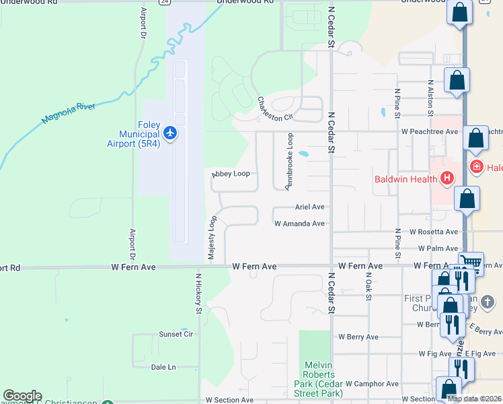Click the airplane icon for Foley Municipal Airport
[x=170, y=133]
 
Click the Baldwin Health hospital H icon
[x=447, y=178]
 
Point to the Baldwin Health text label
[x=406, y=179]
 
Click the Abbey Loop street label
[x=231, y=174]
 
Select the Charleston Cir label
[x=276, y=108]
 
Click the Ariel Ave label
[x=309, y=207]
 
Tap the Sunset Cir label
[x=176, y=334]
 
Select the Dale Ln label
[x=163, y=367]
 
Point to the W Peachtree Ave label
[x=429, y=132]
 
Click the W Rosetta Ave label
[x=435, y=232]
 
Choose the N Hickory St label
[x=199, y=294]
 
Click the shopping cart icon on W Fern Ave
[x=471, y=262]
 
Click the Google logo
[x=22, y=396]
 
